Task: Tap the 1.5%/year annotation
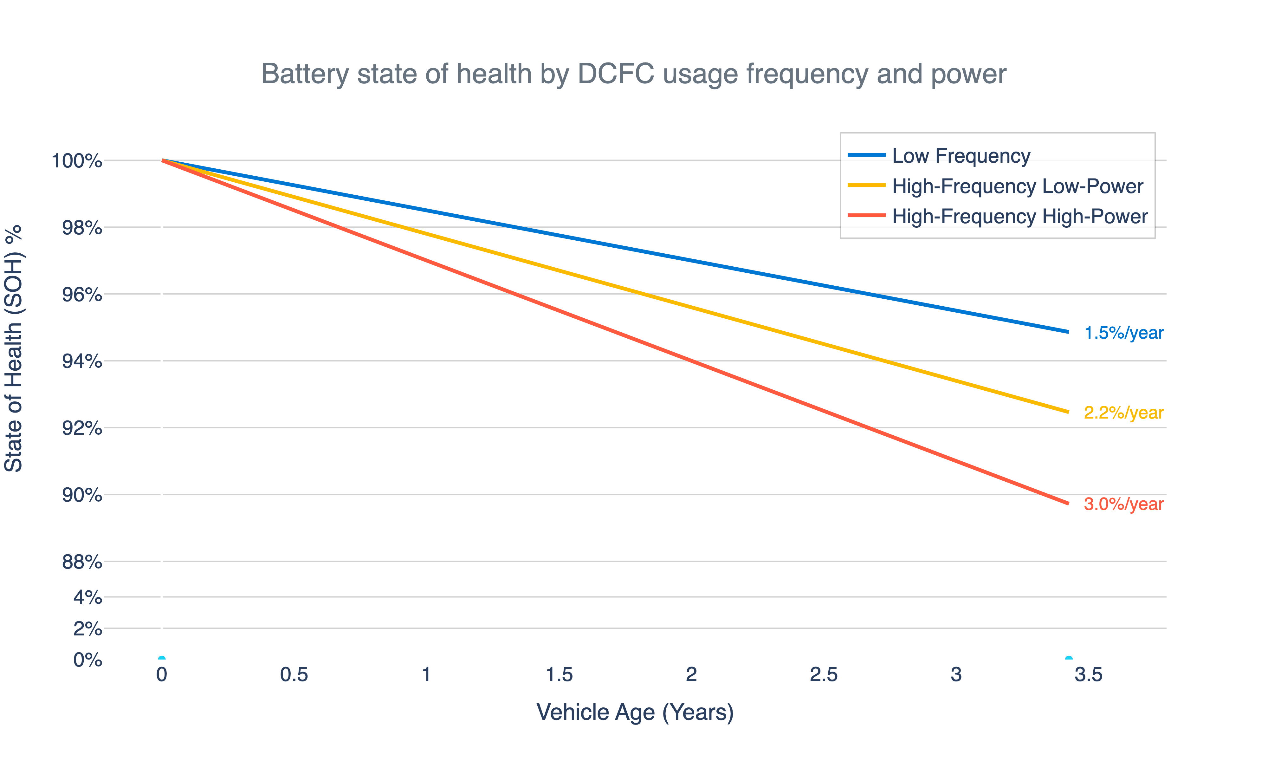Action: pos(1123,333)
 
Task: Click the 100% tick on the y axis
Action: pos(77,161)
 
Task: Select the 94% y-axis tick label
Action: pos(82,361)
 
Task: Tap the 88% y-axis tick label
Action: pos(82,562)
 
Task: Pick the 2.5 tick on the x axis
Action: pos(823,674)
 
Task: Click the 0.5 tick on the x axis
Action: pos(294,674)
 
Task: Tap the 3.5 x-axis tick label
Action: pos(1088,674)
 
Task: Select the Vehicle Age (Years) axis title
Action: pos(635,712)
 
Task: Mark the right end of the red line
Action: pos(1068,503)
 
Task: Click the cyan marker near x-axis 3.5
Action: pos(1068,659)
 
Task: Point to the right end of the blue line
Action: pos(1068,332)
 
